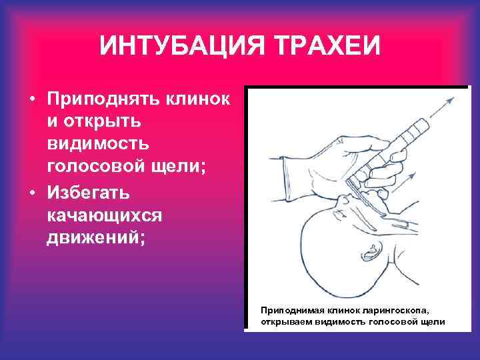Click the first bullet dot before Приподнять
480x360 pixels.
coord(32,99)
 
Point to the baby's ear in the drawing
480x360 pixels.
coord(371,253)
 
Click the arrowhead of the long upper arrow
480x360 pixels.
coord(451,99)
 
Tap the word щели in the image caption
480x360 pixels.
coord(433,321)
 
